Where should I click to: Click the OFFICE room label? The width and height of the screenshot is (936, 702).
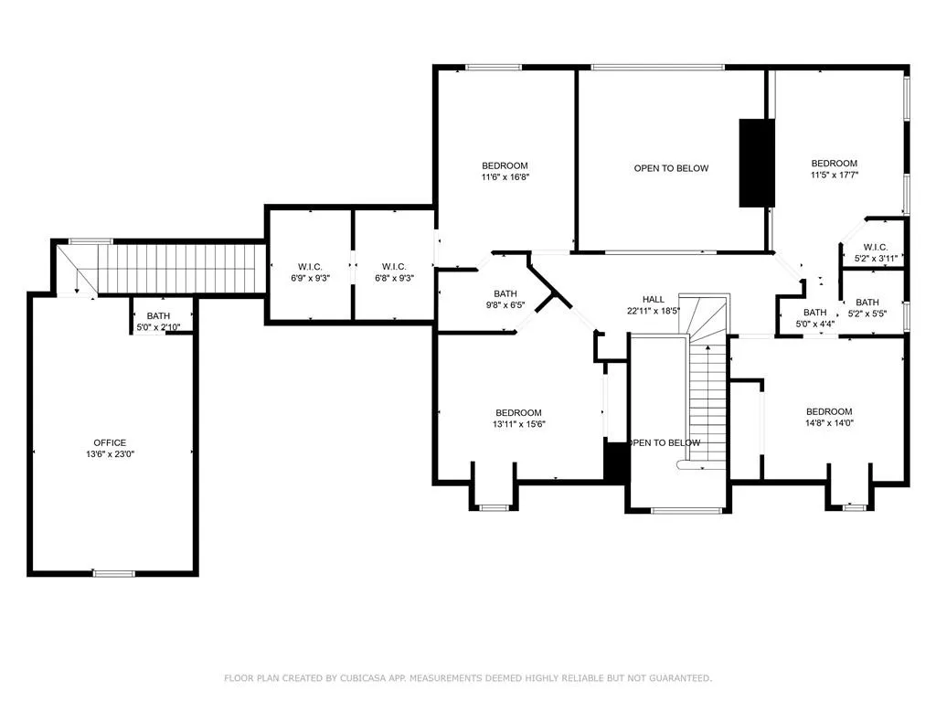(x=110, y=442)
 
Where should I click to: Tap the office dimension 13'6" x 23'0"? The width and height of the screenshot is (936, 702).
(x=110, y=453)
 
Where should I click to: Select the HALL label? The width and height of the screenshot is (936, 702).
(x=653, y=299)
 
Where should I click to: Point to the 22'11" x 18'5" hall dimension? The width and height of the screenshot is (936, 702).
(x=653, y=311)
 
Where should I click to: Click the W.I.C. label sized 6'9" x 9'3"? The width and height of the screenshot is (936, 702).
(x=311, y=267)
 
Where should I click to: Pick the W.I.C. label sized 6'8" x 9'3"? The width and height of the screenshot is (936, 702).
(x=394, y=267)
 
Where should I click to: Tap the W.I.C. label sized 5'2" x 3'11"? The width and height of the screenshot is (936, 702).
(x=876, y=247)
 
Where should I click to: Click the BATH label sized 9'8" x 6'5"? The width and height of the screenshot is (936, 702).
(x=505, y=293)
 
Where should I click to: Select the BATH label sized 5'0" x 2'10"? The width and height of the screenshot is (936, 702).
(x=158, y=315)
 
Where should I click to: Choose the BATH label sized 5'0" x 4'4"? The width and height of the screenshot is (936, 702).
(x=814, y=313)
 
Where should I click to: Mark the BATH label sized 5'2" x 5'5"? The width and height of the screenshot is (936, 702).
(x=867, y=302)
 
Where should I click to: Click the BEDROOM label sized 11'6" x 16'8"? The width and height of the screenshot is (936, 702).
(x=505, y=165)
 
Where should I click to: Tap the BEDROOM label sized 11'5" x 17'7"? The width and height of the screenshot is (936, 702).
(x=834, y=163)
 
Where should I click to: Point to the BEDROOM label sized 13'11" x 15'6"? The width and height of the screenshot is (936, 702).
(x=519, y=412)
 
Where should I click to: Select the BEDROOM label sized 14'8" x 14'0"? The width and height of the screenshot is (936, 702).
(x=829, y=411)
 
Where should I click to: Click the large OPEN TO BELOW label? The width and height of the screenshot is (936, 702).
(x=671, y=168)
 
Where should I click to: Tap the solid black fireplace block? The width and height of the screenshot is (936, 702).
(x=757, y=163)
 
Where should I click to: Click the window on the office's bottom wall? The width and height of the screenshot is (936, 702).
(x=113, y=574)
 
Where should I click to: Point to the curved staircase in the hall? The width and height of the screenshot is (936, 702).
(x=707, y=315)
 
